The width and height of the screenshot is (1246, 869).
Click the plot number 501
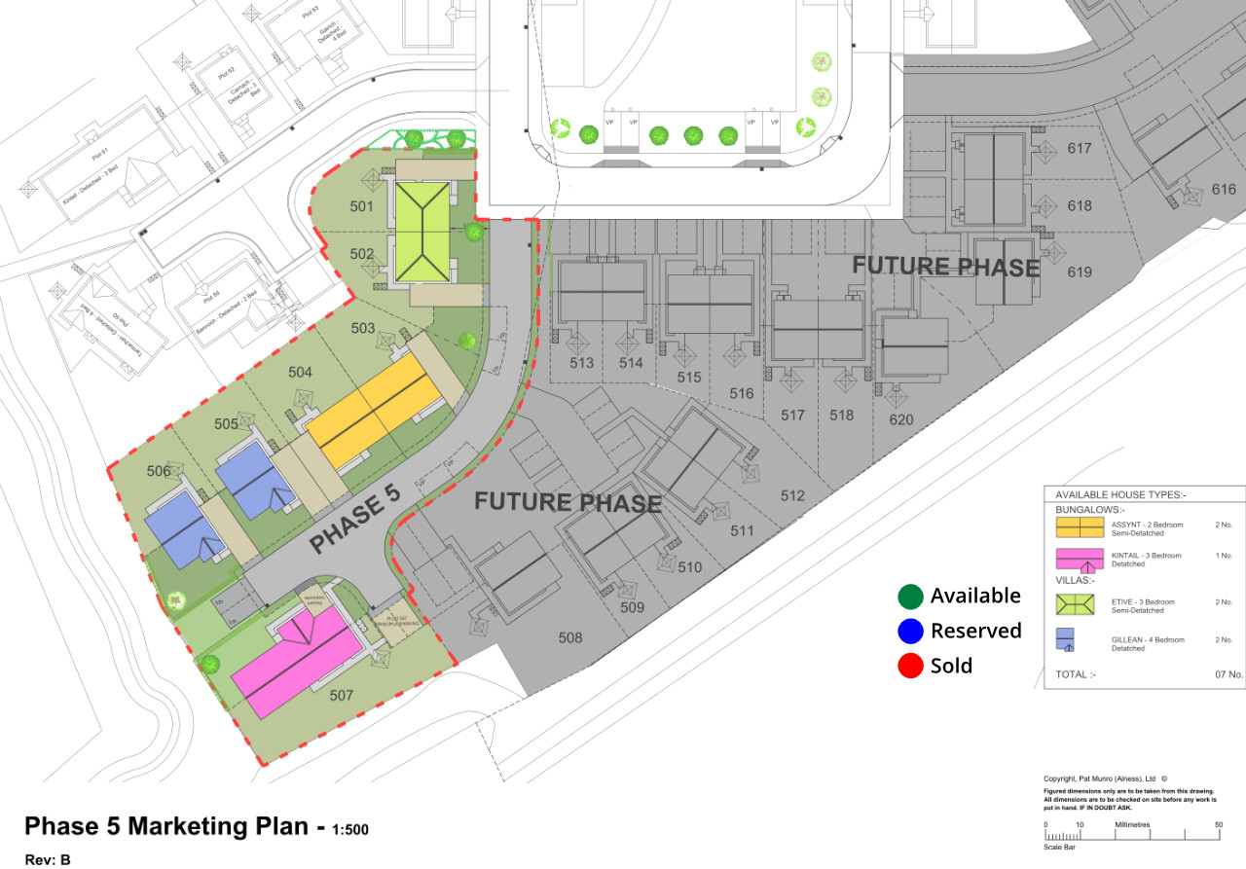pyautogui.click(x=361, y=206)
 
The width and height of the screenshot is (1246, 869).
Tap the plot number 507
pyautogui.click(x=342, y=696)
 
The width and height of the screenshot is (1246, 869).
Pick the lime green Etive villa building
pyautogui.click(x=421, y=231)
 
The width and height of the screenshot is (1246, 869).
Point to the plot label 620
pyautogui.click(x=901, y=419)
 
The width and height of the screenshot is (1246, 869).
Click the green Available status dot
pyautogui.click(x=910, y=597)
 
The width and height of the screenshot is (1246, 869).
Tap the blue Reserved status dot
pyautogui.click(x=910, y=632)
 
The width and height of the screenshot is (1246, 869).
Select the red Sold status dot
pyautogui.click(x=910, y=667)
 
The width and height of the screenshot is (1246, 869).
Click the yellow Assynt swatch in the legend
pyautogui.click(x=1080, y=527)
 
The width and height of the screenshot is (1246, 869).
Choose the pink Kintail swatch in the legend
pyautogui.click(x=1080, y=560)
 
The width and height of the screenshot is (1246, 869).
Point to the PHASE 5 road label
pyautogui.click(x=355, y=521)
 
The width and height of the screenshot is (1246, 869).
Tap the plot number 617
pyautogui.click(x=1080, y=149)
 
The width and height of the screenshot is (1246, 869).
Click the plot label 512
pyautogui.click(x=793, y=496)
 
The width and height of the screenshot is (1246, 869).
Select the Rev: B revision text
pyautogui.click(x=48, y=859)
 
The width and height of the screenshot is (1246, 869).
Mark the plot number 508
pyautogui.click(x=570, y=638)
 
